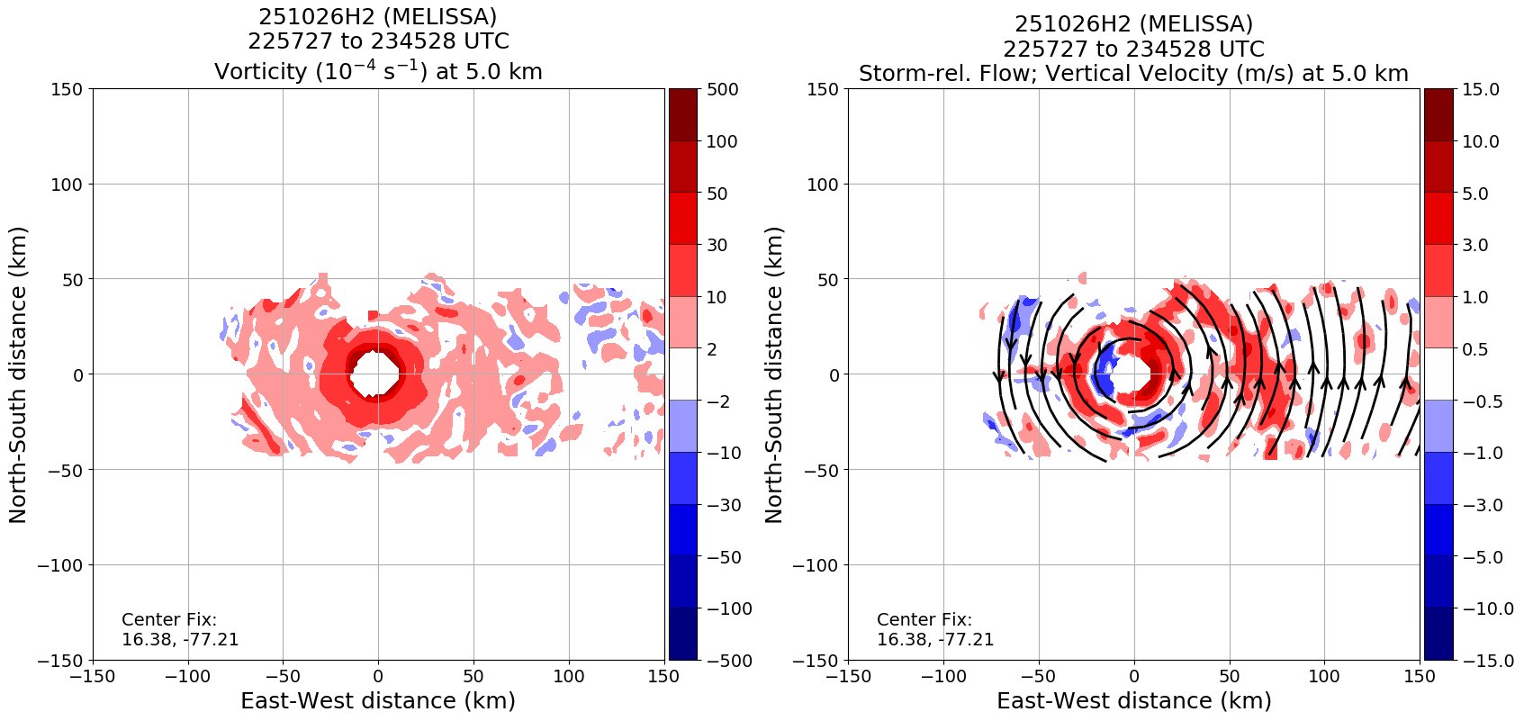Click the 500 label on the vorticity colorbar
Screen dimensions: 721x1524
[x=722, y=89]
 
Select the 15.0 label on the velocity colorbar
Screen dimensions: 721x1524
[x=1481, y=89]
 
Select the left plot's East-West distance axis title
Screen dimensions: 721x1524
[x=378, y=700]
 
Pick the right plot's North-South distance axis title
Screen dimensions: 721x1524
[x=774, y=374]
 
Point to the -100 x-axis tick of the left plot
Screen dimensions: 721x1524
[x=187, y=674]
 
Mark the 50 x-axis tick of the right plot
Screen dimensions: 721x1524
[x=1229, y=674]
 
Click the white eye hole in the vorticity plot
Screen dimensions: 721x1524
[x=376, y=374]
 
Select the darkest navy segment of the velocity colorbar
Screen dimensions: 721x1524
[x=1438, y=635]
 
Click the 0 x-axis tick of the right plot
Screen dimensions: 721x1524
[x=1134, y=674]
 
